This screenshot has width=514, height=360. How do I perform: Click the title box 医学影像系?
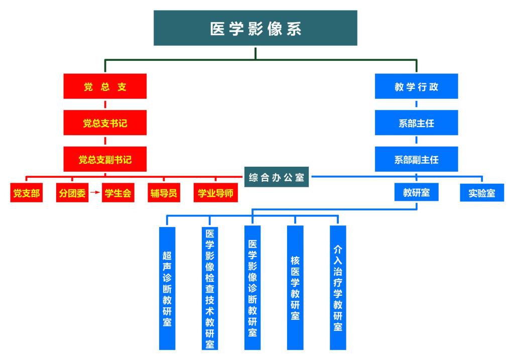[x=255, y=28]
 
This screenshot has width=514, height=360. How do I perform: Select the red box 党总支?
[x=105, y=86]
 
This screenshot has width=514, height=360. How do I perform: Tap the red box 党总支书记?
[x=105, y=123]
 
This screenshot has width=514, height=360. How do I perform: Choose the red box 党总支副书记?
[x=105, y=160]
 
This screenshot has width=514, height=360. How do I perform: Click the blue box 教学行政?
[x=416, y=86]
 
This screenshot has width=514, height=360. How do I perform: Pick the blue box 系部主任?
[x=416, y=123]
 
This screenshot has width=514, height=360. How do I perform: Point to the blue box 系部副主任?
[x=416, y=160]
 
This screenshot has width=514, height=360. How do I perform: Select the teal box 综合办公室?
[x=277, y=178]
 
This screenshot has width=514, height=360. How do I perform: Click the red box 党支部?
[x=26, y=193]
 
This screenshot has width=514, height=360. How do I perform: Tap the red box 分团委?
[x=72, y=193]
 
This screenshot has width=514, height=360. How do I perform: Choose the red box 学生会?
[x=118, y=193]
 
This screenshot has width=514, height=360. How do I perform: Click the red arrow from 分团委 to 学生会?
[x=95, y=193]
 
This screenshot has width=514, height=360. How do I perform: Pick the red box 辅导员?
[x=163, y=193]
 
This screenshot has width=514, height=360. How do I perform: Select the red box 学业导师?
[x=215, y=193]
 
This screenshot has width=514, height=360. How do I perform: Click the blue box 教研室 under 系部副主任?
[x=416, y=192]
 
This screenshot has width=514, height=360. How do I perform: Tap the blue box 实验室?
[x=482, y=193]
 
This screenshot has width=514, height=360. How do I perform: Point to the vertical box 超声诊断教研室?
[x=167, y=288]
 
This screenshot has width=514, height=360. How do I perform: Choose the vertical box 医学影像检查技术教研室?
[x=210, y=288]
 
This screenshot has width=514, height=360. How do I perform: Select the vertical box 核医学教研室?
[x=295, y=288]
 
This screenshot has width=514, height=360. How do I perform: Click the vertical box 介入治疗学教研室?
[x=338, y=288]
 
